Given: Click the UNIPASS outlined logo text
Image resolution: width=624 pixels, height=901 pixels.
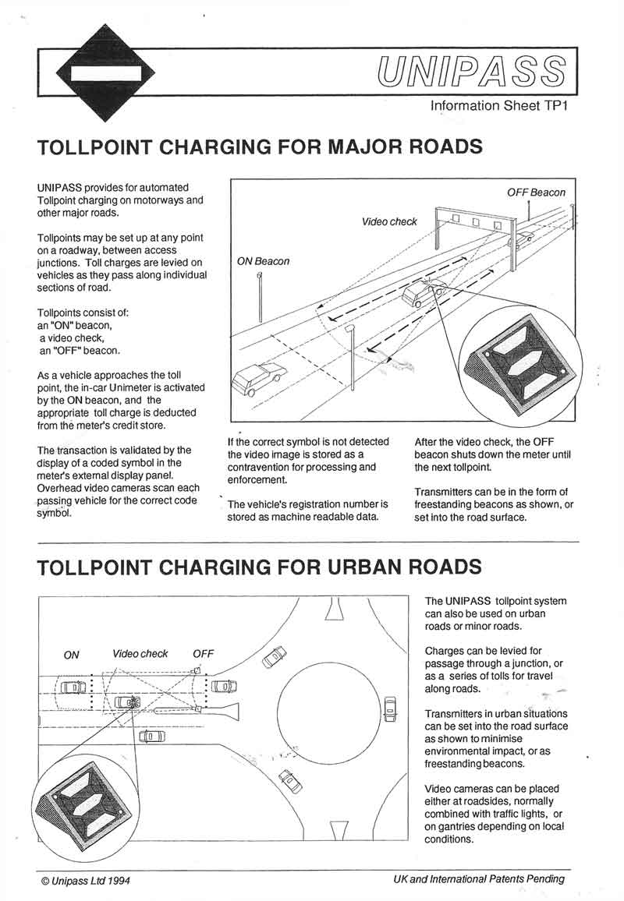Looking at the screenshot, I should coord(471,72).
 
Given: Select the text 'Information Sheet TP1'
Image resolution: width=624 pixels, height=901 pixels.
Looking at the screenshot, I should coord(498,105).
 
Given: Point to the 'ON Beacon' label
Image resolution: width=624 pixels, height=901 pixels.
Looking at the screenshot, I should coord(263,261).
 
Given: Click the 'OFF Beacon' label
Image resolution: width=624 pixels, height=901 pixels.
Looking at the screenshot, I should coord(536,193).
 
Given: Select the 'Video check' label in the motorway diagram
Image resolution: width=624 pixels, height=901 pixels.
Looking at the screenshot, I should coord(389,221).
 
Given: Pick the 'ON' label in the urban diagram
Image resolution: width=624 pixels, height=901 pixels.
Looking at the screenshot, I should coord(71,655).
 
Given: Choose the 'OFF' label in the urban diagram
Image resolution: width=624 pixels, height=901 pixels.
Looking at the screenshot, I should coord(203,654).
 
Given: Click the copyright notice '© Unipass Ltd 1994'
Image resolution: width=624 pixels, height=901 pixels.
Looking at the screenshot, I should coord(86,880).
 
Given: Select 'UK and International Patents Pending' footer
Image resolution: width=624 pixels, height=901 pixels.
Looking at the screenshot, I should coord(479,879).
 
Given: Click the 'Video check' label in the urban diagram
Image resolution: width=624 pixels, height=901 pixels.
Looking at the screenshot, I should coord(140,654).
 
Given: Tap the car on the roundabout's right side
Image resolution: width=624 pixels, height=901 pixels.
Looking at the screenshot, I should coord(390,709).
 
